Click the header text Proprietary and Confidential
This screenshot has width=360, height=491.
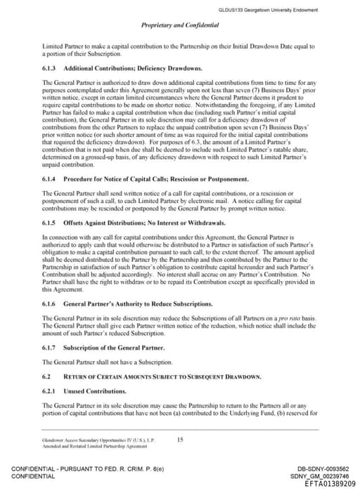[x=179, y=25]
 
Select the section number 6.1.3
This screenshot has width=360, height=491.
[x=50, y=68]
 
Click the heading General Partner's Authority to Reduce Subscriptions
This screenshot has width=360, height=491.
[x=137, y=303]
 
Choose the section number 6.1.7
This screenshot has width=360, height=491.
[x=50, y=348]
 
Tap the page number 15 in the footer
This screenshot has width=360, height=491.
[x=180, y=440]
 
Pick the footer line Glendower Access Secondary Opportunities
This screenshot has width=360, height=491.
[x=77, y=440]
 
